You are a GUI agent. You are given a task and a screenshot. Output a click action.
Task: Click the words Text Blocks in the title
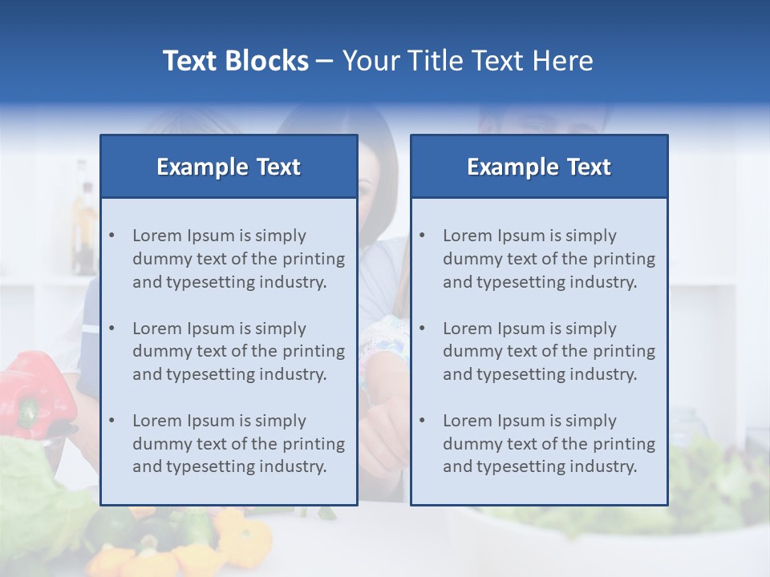tap(235, 61)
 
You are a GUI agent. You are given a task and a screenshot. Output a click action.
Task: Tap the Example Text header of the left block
tap(229, 167)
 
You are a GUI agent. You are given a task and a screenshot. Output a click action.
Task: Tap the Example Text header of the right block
tap(539, 167)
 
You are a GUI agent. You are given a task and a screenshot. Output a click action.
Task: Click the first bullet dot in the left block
tap(111, 236)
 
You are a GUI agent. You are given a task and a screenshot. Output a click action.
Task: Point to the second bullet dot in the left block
tap(111, 329)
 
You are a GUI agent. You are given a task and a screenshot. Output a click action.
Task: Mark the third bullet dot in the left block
tap(111, 421)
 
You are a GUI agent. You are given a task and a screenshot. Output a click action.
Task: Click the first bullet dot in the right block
tap(422, 236)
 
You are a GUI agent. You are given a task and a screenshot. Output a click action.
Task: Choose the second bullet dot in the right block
tap(422, 329)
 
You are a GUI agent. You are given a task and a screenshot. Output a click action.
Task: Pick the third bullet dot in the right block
tap(422, 421)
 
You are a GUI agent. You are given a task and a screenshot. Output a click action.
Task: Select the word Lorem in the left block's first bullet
tap(157, 236)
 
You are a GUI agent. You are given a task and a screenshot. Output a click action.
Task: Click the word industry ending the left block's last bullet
tap(293, 466)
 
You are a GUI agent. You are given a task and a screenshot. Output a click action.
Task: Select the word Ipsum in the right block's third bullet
tap(523, 421)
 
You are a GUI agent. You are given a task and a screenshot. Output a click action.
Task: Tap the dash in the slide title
tap(325, 61)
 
